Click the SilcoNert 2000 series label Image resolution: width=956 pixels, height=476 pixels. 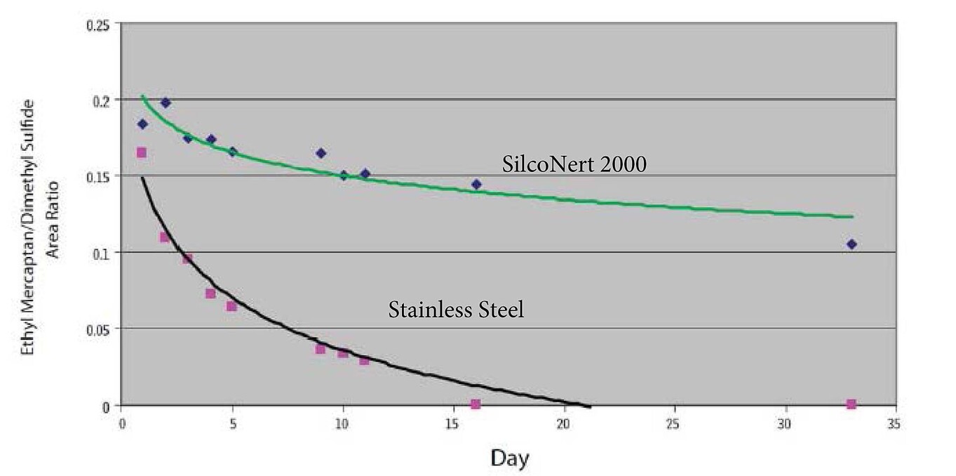tap(574, 164)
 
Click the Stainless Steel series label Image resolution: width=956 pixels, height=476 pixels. tap(456, 310)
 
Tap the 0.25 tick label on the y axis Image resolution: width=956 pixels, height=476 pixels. tap(97, 25)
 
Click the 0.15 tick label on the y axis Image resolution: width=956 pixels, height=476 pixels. tap(97, 176)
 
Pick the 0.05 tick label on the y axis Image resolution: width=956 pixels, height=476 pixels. tap(97, 329)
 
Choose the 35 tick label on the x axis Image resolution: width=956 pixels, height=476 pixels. tap(894, 425)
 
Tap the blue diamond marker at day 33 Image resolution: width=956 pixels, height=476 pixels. tap(851, 244)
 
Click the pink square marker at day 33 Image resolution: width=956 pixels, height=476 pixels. tap(851, 404)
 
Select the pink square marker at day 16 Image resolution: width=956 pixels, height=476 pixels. tap(476, 404)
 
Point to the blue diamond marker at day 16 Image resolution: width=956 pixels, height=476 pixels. tap(476, 184)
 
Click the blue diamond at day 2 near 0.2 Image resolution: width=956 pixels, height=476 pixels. tap(166, 103)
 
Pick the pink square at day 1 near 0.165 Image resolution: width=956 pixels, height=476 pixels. tap(141, 152)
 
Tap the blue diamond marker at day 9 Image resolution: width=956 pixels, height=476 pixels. tap(321, 153)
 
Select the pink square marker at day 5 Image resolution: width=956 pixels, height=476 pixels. tap(231, 306)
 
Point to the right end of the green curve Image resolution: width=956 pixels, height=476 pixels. tap(852, 217)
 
